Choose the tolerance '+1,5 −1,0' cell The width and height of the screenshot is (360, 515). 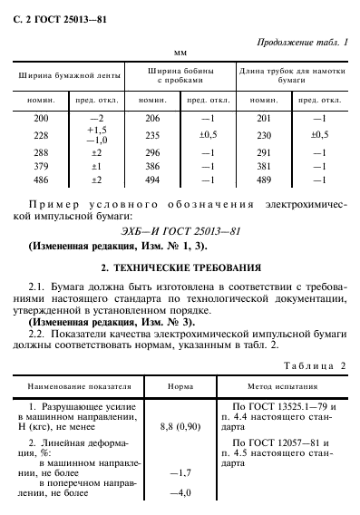pos(94,137)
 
